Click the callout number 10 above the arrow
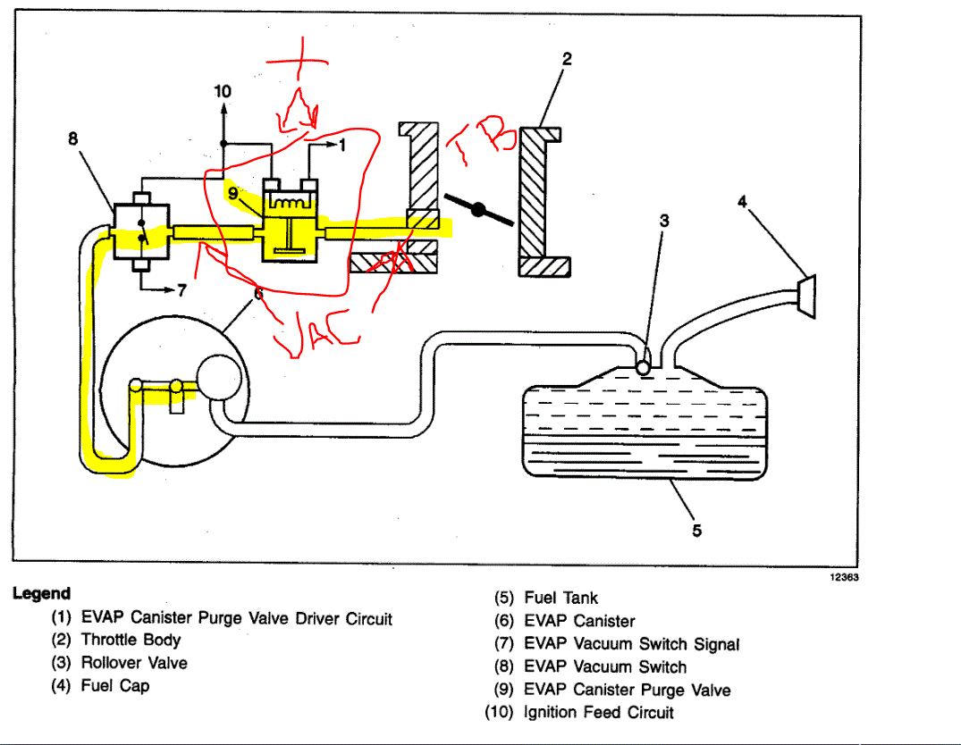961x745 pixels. coord(223,91)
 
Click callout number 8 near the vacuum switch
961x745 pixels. coord(73,139)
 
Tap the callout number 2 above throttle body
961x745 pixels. coord(566,59)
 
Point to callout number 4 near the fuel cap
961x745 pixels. coord(742,203)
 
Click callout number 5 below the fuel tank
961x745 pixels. coord(696,531)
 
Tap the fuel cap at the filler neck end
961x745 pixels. coord(806,295)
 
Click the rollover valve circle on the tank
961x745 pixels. coord(643,366)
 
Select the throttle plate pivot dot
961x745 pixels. coord(479,211)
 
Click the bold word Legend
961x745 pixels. coord(41,594)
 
